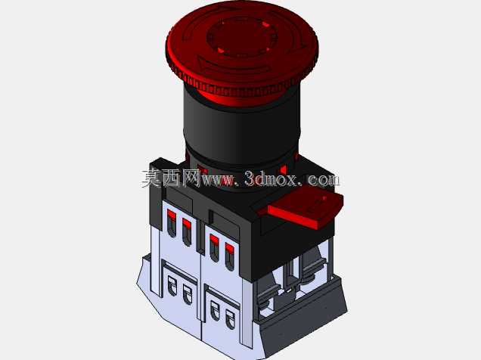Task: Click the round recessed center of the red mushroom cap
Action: click(x=242, y=37)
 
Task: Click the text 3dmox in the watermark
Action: click(x=271, y=179)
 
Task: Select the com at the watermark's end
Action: click(x=324, y=179)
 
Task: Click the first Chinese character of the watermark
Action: click(x=151, y=178)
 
